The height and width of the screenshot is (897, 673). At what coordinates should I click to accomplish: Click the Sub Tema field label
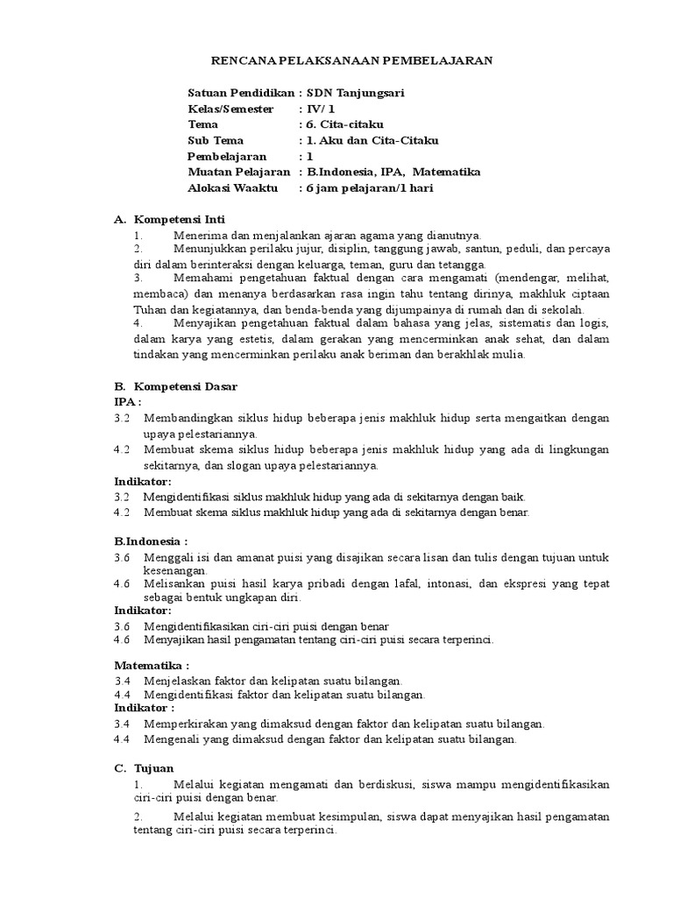tap(216, 140)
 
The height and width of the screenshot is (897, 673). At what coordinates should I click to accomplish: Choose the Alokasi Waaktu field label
tap(232, 187)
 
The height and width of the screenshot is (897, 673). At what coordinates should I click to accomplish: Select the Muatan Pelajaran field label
tap(239, 172)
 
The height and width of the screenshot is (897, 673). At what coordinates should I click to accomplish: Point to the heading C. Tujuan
tap(145, 767)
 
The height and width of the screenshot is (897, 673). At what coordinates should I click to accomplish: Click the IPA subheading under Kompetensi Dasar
tap(127, 402)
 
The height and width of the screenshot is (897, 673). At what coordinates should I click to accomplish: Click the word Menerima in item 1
tap(198, 235)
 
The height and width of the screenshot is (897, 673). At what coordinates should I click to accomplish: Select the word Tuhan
tap(149, 309)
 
